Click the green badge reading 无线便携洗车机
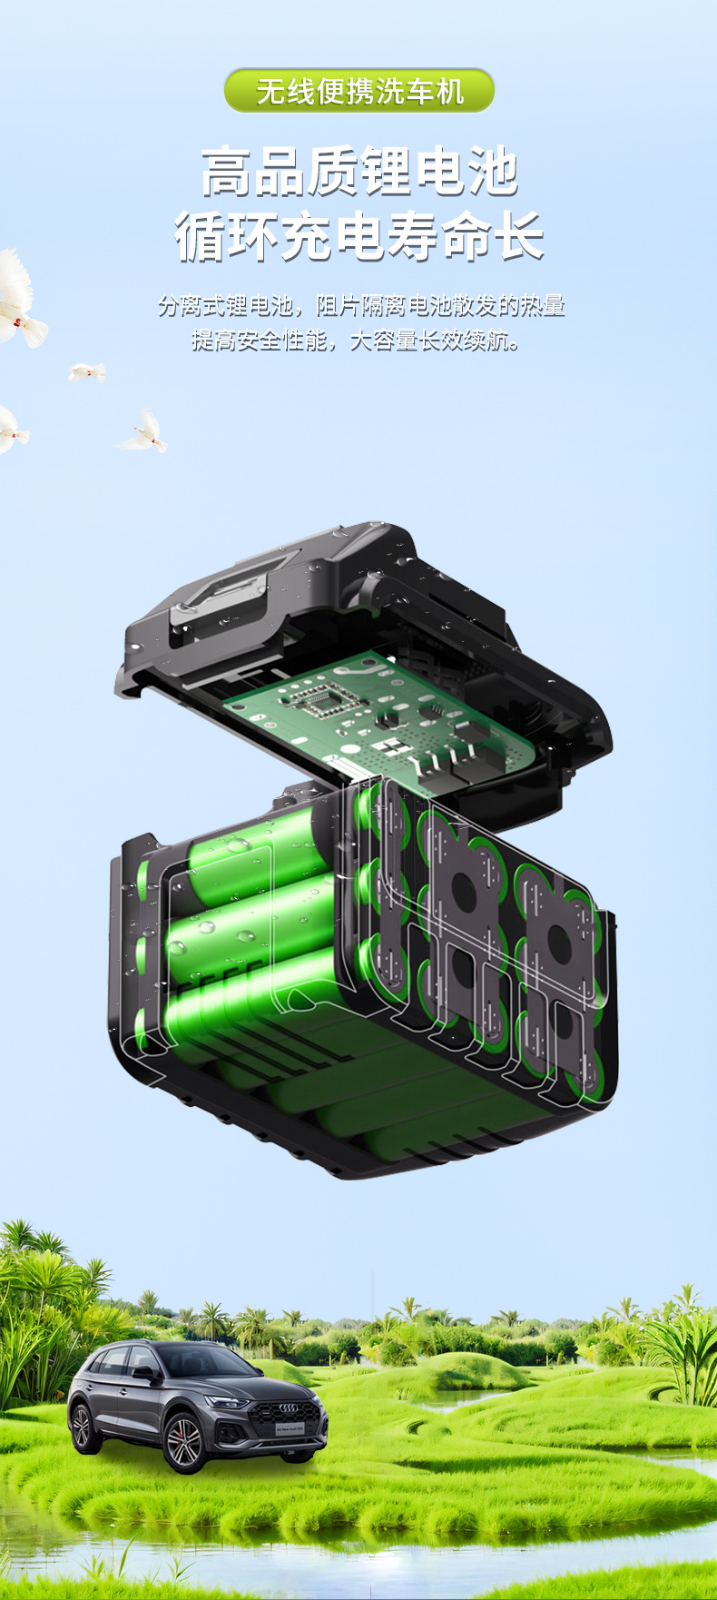point(359,91)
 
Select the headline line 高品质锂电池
point(359,172)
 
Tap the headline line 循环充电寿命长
point(359,236)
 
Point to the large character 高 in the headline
point(226,172)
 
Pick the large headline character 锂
point(387,172)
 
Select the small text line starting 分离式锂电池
point(361,306)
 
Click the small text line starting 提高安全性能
point(356,341)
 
